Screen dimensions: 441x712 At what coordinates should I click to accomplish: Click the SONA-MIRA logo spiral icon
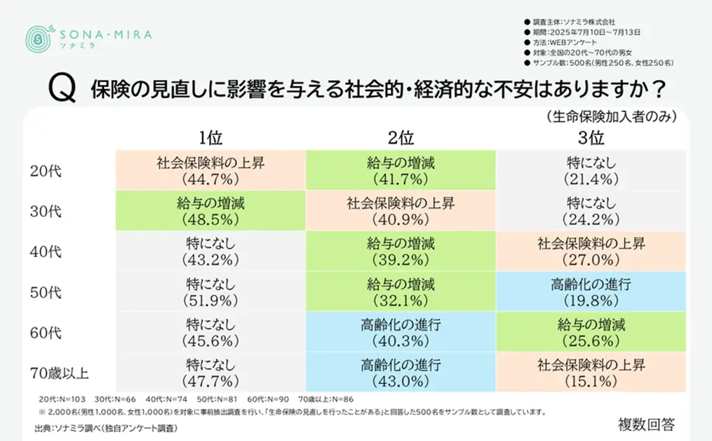(38, 39)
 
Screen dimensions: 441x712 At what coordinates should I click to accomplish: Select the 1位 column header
(210, 136)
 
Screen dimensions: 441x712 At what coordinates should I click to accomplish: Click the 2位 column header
(401, 136)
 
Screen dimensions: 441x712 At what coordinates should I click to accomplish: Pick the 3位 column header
(591, 136)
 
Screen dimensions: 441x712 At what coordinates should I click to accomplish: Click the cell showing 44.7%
(210, 171)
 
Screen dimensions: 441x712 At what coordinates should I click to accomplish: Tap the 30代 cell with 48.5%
(210, 211)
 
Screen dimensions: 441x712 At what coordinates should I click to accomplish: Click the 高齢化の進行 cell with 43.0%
(401, 373)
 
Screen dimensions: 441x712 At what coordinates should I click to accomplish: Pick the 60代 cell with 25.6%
(591, 332)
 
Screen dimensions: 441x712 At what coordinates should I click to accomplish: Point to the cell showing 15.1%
(591, 373)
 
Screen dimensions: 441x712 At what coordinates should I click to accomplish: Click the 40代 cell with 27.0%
(591, 251)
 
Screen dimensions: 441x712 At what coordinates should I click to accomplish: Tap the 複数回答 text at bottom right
(646, 424)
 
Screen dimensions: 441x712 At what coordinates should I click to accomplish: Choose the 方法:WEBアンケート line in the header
(561, 42)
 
